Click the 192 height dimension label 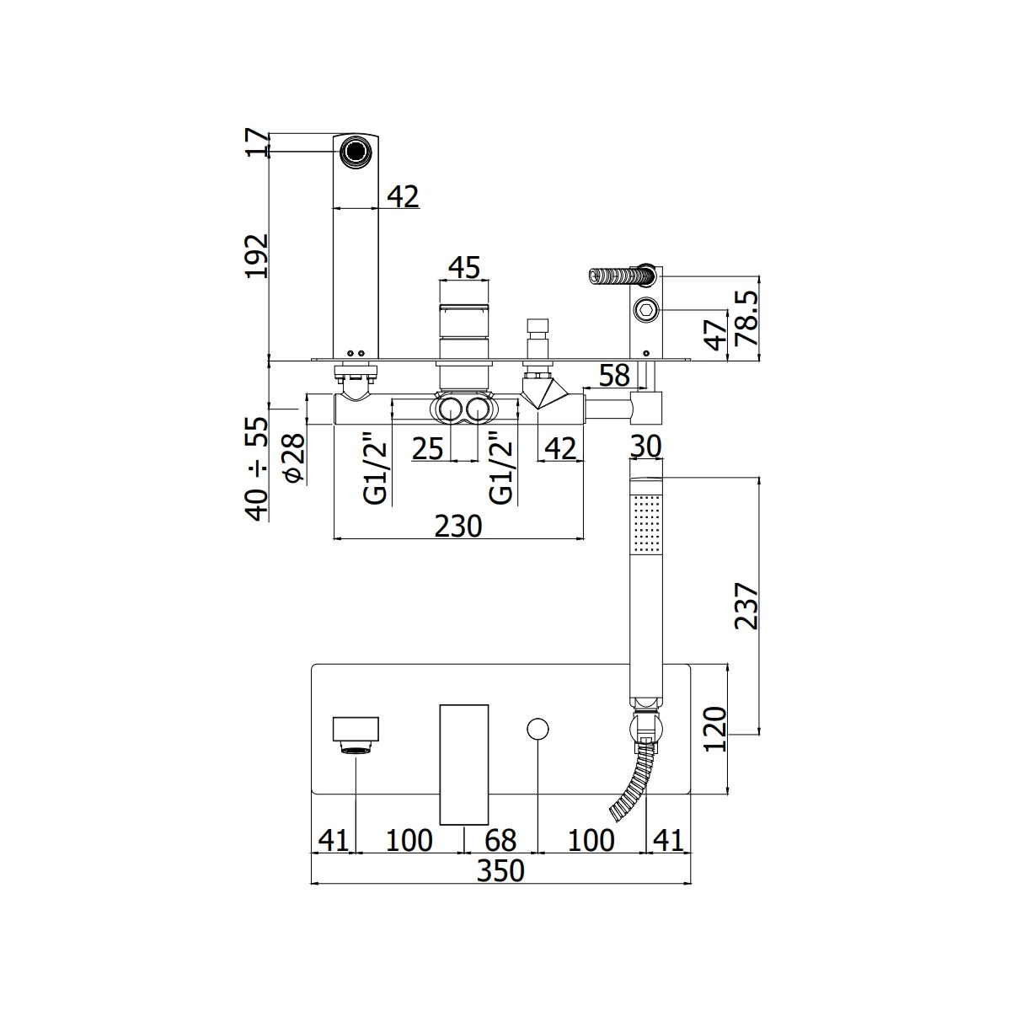click(258, 256)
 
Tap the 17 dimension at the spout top click(258, 142)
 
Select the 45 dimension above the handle click(465, 268)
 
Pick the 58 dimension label click(613, 375)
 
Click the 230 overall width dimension click(458, 527)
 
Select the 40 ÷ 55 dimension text click(258, 469)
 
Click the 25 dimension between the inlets click(428, 449)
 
